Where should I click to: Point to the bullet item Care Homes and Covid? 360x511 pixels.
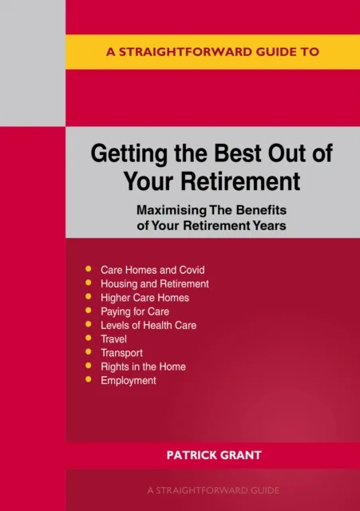152,270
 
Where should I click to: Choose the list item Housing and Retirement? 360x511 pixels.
154,283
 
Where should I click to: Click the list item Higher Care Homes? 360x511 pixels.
145,298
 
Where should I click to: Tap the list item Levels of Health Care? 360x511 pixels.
148,325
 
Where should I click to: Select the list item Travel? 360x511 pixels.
114,339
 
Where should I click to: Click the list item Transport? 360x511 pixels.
121,353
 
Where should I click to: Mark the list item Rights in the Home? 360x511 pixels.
143,366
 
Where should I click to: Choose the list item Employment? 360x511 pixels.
128,381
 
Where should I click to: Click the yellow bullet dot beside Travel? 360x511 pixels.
88,339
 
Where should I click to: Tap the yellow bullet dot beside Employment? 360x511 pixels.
88,381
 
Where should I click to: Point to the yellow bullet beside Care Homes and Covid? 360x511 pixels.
88,270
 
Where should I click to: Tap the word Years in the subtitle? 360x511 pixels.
270,225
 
